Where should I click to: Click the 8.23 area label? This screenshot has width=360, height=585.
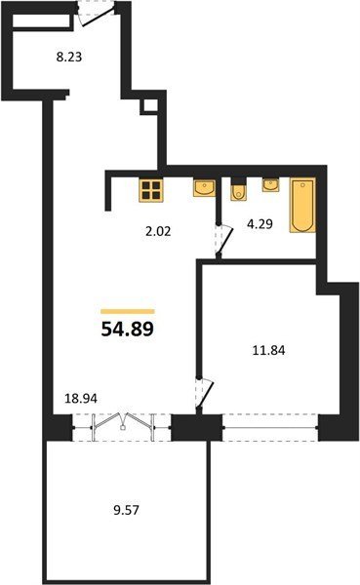(x=69, y=58)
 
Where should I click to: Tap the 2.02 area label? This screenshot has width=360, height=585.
(x=158, y=232)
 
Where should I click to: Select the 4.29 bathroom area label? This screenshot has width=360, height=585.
(x=260, y=224)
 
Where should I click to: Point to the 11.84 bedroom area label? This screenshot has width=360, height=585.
(x=269, y=351)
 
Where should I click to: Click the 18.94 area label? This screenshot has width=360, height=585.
(x=81, y=399)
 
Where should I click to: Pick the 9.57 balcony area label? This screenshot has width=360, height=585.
(x=126, y=510)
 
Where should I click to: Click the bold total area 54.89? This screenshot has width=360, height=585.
(x=128, y=329)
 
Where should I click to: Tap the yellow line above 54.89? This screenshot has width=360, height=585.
(x=128, y=312)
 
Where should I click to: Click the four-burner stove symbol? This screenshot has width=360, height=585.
(x=151, y=190)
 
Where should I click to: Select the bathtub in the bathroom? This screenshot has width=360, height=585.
(x=302, y=205)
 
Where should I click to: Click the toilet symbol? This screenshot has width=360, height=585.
(x=237, y=189)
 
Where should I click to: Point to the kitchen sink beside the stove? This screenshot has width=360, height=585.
(x=204, y=187)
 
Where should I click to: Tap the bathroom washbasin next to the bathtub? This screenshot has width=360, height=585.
(x=270, y=185)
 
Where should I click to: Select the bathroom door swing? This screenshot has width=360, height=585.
(x=224, y=241)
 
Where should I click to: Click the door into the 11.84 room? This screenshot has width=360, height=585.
(x=204, y=394)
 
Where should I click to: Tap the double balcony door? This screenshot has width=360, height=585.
(x=122, y=428)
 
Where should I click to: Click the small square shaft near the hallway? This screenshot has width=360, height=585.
(x=148, y=106)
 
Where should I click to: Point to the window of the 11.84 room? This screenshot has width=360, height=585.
(x=270, y=428)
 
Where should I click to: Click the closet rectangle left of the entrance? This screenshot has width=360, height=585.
(x=41, y=21)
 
